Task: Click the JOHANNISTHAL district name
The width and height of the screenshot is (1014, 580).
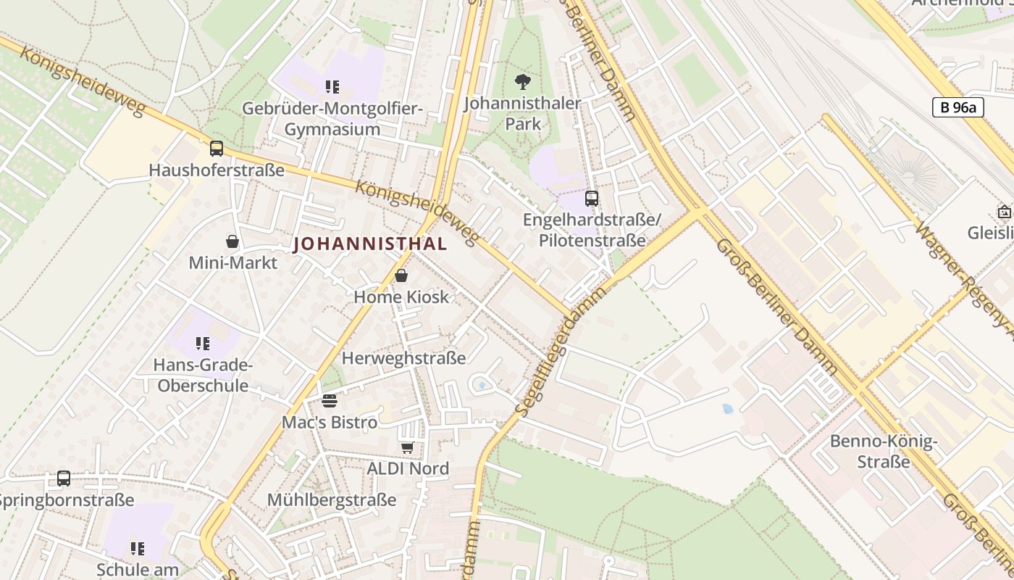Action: point(370,244)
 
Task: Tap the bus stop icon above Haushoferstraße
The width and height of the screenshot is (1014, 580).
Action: point(216,149)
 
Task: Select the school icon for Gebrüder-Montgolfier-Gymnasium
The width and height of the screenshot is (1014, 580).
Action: point(332,88)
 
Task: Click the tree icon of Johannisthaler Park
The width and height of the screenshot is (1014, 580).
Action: point(522,82)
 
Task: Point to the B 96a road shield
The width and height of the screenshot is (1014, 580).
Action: point(958,108)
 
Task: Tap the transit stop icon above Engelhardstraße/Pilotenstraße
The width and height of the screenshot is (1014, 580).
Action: point(592,198)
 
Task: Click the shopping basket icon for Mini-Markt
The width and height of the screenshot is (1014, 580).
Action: point(232,241)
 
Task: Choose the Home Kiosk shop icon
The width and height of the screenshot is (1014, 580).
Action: point(401,275)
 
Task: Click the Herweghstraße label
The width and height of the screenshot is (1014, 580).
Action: point(403,358)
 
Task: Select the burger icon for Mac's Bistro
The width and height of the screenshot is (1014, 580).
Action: point(330,401)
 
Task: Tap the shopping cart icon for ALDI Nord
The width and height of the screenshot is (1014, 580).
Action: point(408,447)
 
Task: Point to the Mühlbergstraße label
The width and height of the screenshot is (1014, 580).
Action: point(332,500)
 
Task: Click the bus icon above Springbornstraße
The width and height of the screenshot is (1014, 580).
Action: point(64,478)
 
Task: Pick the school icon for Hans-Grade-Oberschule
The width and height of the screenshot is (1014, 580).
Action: point(203,343)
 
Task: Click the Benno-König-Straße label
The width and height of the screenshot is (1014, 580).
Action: point(884,451)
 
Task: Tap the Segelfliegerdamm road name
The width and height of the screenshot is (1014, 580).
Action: point(562,352)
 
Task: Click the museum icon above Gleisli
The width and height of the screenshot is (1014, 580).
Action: point(1005,212)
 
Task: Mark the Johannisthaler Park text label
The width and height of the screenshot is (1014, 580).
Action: point(522,113)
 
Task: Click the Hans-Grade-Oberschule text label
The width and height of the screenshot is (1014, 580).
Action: point(203,375)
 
